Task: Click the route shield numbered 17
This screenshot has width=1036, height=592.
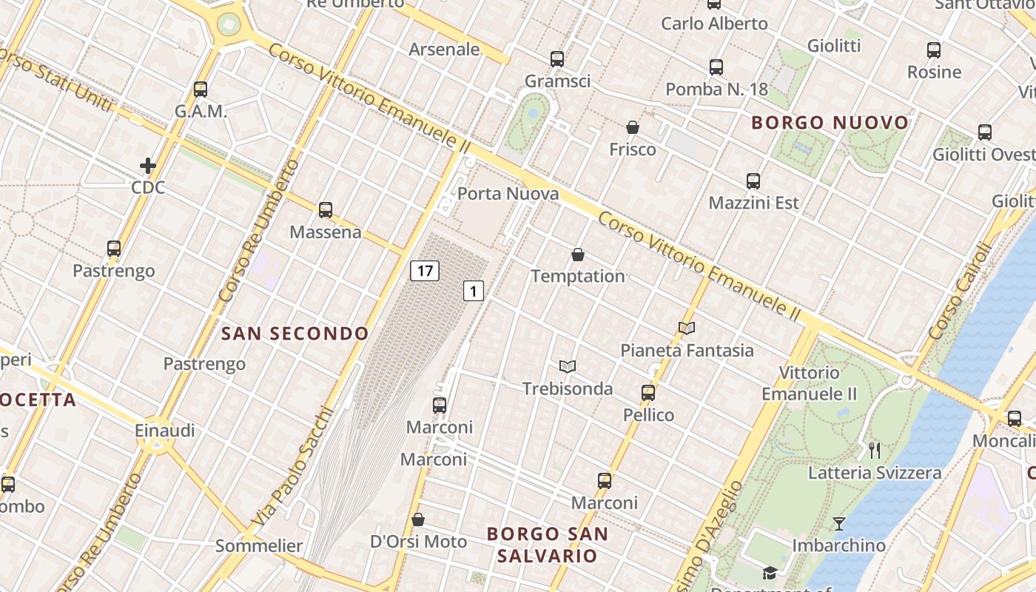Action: [x=425, y=271]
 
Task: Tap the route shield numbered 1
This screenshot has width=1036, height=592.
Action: [x=474, y=291]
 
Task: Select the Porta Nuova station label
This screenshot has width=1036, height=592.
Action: [x=508, y=194]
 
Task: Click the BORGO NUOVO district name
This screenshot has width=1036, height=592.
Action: [x=830, y=123]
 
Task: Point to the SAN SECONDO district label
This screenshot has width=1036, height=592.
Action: [x=295, y=334]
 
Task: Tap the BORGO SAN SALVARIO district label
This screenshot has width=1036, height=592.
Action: [x=548, y=545]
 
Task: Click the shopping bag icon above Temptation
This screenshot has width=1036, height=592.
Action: [x=578, y=255]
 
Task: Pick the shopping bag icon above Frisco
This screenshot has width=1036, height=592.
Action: [x=632, y=127]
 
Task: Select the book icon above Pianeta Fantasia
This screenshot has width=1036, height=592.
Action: [x=687, y=328]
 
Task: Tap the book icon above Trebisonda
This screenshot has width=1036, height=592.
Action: [x=568, y=366]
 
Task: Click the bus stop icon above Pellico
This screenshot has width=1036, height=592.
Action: [x=648, y=393]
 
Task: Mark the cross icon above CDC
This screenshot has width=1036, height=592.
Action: [x=148, y=166]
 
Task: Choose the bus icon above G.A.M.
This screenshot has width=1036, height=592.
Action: [x=201, y=90]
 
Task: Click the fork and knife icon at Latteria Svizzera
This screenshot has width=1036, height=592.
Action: [x=875, y=450]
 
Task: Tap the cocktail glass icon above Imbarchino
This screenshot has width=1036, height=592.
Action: [x=838, y=524]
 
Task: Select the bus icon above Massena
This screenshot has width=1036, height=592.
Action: [x=326, y=210]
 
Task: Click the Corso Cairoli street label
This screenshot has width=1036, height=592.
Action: [x=959, y=292]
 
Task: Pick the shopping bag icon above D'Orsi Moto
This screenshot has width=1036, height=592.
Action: [x=418, y=519]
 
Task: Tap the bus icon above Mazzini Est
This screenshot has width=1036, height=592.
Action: [x=753, y=181]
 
